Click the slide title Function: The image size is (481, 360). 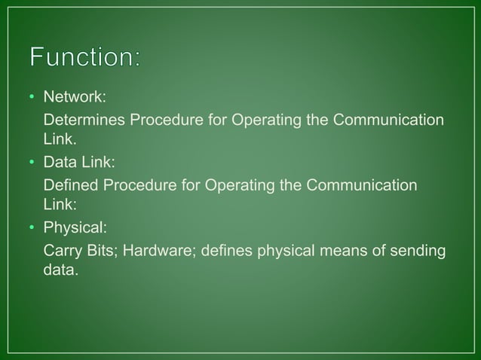pos(84,57)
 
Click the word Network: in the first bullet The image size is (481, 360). pos(74,99)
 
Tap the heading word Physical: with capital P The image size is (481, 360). pos(75,227)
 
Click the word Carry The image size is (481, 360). pos(62,249)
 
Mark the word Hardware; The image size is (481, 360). pos(157,249)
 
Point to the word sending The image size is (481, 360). pos(418,249)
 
